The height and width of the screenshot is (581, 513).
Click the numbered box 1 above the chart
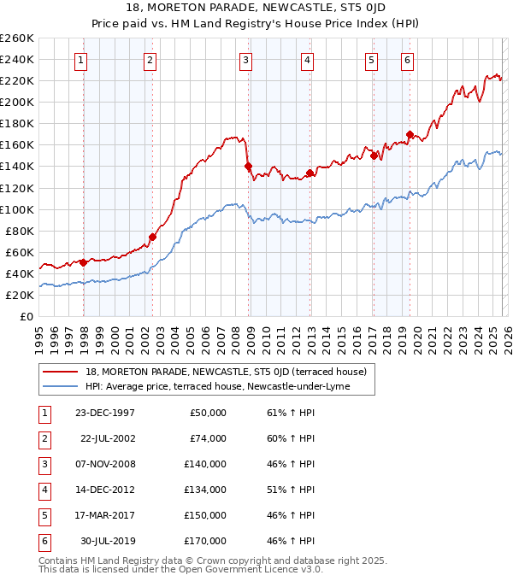click(80, 60)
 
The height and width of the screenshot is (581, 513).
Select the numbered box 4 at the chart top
click(306, 60)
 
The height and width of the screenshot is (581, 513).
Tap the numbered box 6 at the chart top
click(407, 60)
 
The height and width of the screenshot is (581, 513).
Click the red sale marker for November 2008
click(248, 167)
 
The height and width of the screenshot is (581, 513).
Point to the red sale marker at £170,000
click(410, 134)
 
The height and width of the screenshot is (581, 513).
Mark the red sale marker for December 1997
click(83, 263)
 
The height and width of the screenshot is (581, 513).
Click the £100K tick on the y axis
click(17, 209)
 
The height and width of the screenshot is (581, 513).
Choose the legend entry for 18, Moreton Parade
click(226, 372)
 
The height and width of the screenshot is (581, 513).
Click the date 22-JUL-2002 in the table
click(107, 438)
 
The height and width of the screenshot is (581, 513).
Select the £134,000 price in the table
click(207, 490)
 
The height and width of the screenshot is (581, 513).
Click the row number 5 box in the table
click(43, 515)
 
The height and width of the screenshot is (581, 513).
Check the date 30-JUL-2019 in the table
click(107, 541)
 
